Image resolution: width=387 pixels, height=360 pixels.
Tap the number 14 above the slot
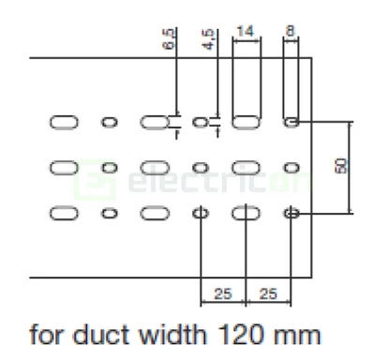pos(246,32)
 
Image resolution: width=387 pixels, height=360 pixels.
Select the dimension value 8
pos(290,32)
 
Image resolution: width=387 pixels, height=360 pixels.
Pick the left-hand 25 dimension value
pos(222,293)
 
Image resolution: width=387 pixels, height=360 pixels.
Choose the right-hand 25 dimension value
pos(267,293)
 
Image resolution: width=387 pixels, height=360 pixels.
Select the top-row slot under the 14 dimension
pos(246,122)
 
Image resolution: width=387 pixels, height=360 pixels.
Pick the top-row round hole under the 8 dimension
pos(291,122)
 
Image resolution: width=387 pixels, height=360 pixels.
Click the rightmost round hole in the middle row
pos(291,167)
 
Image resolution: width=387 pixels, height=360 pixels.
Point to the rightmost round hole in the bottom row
pos(291,214)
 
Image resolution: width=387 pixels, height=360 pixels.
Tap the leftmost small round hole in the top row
pos(110,122)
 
